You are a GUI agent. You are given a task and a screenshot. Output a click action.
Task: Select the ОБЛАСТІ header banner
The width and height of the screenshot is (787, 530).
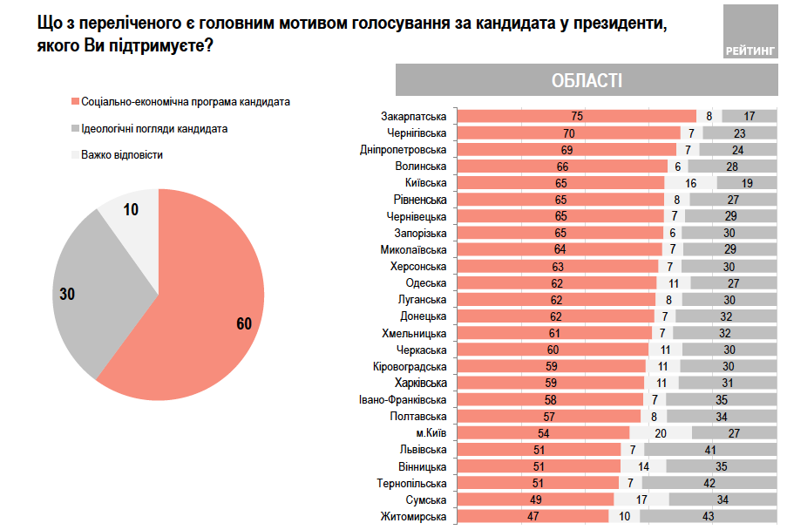tap(586, 80)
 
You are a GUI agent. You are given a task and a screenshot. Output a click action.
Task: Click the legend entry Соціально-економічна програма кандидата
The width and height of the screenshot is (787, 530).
tap(179, 102)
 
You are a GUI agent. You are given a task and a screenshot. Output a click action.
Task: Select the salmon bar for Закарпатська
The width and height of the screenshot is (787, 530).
tap(577, 116)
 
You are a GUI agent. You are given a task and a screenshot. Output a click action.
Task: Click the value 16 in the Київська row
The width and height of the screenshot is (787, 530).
tap(690, 183)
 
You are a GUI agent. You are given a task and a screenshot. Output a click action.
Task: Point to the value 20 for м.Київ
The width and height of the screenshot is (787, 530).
tap(660, 433)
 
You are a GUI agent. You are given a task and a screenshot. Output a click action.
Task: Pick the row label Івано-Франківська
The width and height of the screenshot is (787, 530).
tap(402, 400)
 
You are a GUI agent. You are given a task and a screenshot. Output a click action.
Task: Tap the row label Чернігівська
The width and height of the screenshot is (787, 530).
tap(416, 133)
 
